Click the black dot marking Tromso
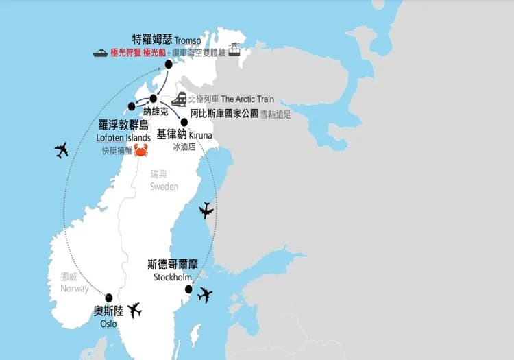coord(168,64)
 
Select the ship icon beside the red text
coord(100,52)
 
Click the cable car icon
coord(234,50)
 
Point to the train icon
coord(180,99)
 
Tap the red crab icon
coord(140,150)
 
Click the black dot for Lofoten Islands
coord(132,106)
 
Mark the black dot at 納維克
coord(154,98)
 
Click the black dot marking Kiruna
coord(184,122)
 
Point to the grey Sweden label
coord(164,187)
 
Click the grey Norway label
coord(74,288)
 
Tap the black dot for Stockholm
coord(188,289)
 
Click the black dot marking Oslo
coord(109,298)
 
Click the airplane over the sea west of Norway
coord(62,149)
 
